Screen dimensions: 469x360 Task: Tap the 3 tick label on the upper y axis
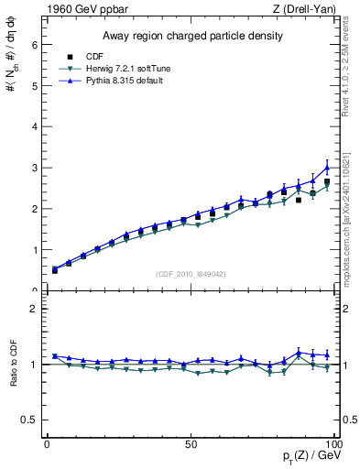point(33,168)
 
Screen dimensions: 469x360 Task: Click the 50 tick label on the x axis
point(191,443)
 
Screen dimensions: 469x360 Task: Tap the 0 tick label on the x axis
point(48,443)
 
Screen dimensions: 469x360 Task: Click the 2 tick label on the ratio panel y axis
point(33,309)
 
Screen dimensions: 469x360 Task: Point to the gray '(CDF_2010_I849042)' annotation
point(190,273)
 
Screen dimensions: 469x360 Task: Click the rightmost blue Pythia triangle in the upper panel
point(327,168)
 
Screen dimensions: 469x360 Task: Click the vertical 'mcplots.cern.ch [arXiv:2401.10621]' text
point(351,220)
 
